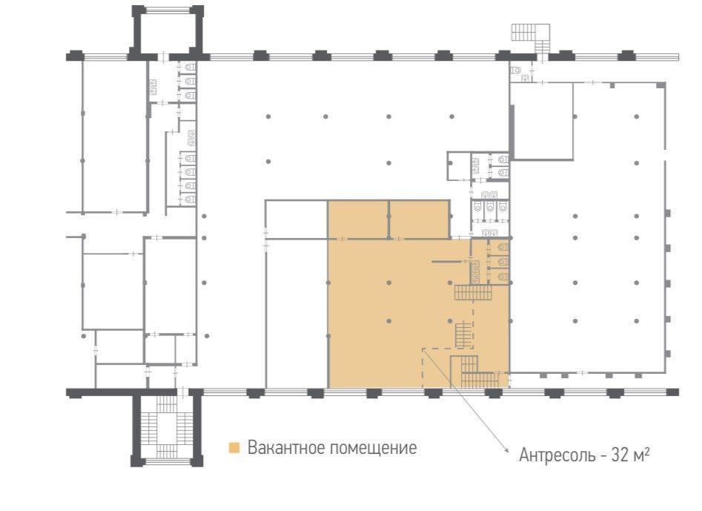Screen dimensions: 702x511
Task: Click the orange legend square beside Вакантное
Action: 234,448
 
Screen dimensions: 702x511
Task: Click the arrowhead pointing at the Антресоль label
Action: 507,451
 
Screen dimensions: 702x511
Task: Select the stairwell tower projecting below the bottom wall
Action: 167,427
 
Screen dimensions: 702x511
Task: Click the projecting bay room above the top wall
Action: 168,32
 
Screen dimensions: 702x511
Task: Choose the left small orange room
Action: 358,220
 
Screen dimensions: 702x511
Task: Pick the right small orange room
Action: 420,220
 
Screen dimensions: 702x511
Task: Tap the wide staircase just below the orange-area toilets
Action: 473,293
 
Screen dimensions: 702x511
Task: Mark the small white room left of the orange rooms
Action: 297,220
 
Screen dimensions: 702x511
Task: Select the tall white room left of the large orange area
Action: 297,314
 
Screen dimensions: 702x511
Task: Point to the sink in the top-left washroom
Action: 153,87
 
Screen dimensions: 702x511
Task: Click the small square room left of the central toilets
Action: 458,165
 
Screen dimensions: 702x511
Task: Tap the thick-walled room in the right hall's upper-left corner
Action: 542,121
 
